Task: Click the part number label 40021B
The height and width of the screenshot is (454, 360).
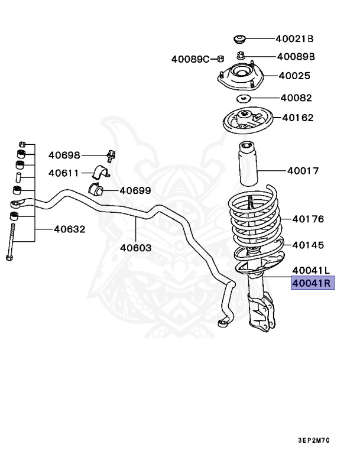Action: click(294, 39)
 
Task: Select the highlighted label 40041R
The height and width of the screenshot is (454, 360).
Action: click(312, 283)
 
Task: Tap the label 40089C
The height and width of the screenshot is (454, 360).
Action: click(190, 59)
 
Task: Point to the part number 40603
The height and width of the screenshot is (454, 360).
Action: click(135, 248)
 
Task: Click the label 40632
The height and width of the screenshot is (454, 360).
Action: click(70, 229)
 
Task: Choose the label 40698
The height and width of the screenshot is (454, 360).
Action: click(64, 155)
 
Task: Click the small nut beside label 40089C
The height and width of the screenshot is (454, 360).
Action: click(219, 58)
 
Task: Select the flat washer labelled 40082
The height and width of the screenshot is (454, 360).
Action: click(244, 98)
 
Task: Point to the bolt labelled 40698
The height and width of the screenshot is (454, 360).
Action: click(111, 156)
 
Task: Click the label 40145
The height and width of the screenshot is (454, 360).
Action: click(308, 245)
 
